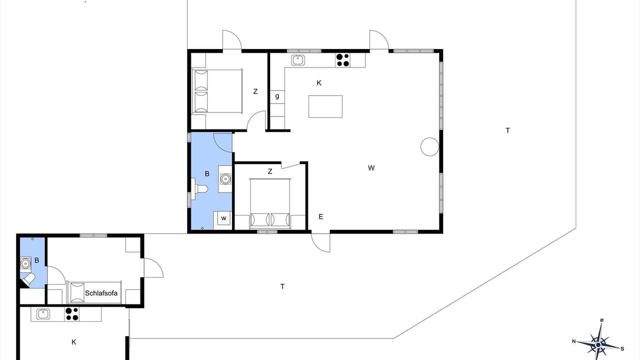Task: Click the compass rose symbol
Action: (598, 345)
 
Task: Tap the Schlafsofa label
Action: (101, 293)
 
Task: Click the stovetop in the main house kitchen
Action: (342, 60)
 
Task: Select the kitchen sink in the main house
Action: (298, 60)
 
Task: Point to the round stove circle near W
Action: (429, 147)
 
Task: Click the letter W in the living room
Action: (371, 168)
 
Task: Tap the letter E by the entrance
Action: (321, 216)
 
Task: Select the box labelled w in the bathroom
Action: (223, 218)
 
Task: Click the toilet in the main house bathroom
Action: (199, 188)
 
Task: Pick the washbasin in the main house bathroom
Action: (225, 179)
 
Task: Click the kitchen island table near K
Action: (325, 106)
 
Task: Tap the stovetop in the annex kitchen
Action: (71, 314)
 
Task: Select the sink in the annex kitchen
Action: (43, 314)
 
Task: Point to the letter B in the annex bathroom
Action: (36, 260)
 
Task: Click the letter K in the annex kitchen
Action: (73, 342)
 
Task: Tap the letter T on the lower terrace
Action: (282, 286)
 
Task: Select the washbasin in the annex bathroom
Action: (25, 263)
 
